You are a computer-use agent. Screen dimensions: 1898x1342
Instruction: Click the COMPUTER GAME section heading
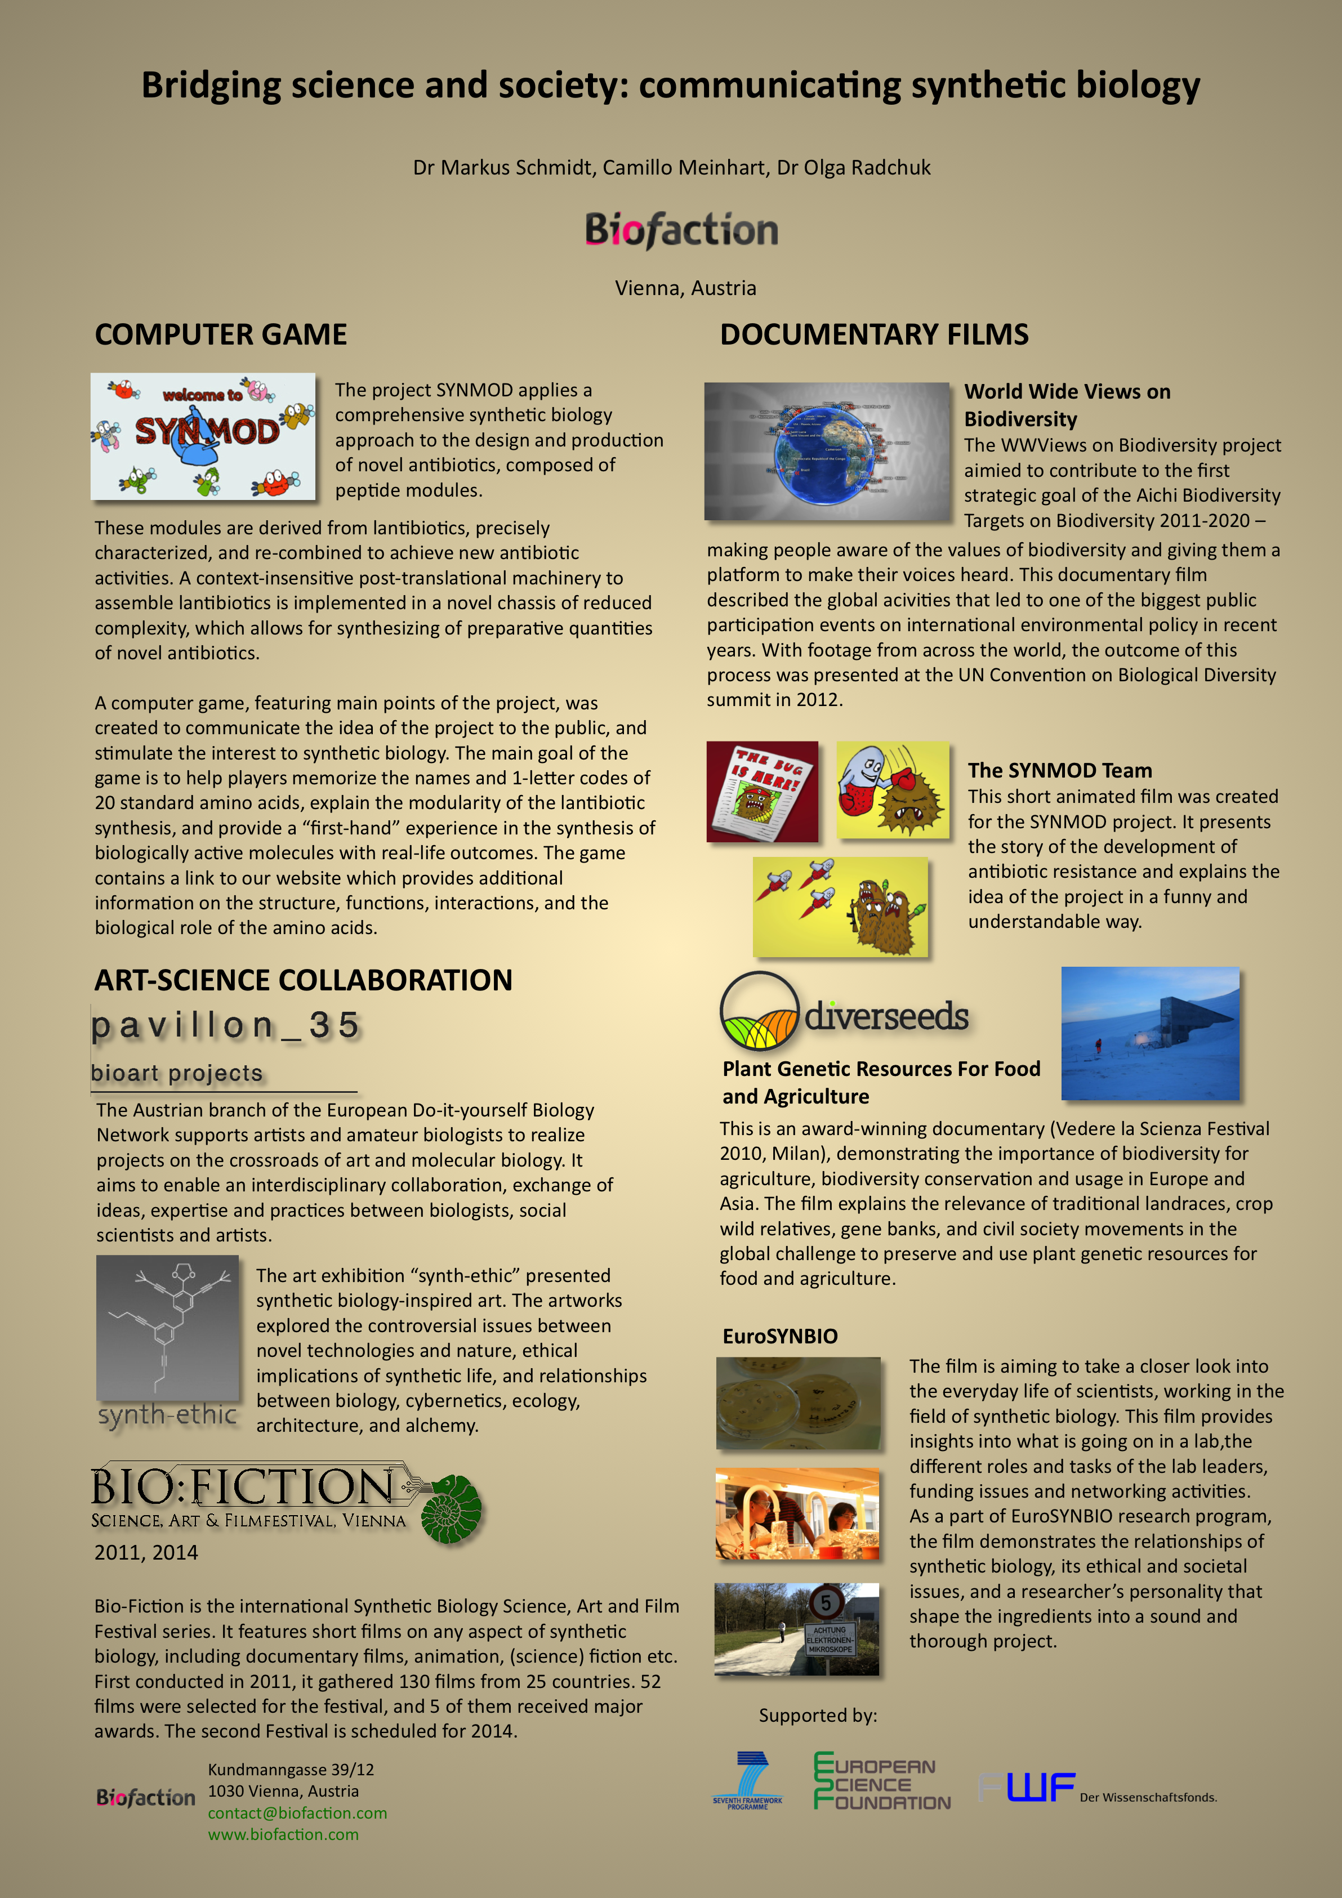click(x=221, y=335)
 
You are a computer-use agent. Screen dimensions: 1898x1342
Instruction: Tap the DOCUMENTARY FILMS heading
click(x=874, y=335)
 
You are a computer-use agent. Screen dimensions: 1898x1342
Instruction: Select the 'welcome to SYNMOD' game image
click(x=203, y=436)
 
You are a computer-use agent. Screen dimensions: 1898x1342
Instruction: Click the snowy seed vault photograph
click(x=1149, y=1033)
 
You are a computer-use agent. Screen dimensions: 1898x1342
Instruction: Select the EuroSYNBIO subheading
click(x=780, y=1336)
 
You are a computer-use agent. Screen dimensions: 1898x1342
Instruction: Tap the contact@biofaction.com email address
click(x=297, y=1813)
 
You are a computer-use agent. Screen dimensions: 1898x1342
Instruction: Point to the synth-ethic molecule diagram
click(x=167, y=1326)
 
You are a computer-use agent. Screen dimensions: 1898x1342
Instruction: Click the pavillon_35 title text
click(x=225, y=1026)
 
